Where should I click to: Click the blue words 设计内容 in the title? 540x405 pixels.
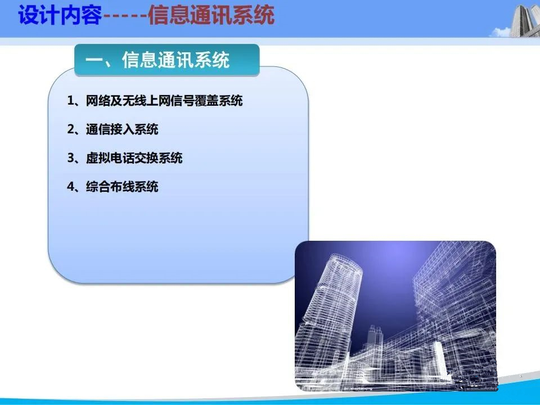pos(60,15)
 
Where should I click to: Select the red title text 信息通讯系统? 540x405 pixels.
pos(211,15)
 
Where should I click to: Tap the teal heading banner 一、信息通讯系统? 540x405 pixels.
pos(166,60)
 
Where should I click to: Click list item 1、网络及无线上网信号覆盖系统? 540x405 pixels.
pos(155,101)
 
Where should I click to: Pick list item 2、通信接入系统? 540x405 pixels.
pos(112,129)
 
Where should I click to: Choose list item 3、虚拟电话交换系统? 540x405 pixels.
pos(125,158)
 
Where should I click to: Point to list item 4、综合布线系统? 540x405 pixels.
pos(112,187)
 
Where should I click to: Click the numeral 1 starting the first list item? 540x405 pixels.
pos(71,101)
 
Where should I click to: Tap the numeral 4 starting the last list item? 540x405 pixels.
pos(71,187)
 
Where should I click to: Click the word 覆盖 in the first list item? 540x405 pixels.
pos(206,101)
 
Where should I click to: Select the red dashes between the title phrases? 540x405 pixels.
pos(125,16)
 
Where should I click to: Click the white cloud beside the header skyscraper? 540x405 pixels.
pos(499,33)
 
